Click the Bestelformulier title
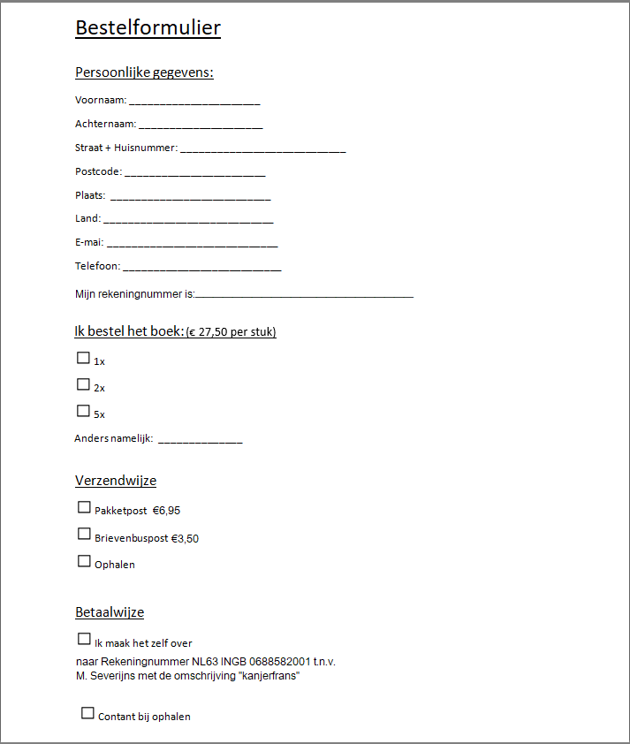click(x=148, y=28)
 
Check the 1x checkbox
click(x=83, y=358)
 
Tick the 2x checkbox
click(x=83, y=384)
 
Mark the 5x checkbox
click(x=83, y=411)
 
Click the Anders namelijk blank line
click(x=200, y=440)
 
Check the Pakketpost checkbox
click(x=84, y=507)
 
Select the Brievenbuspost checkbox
click(x=84, y=534)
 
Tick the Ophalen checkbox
click(x=84, y=560)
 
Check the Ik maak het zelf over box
click(x=84, y=639)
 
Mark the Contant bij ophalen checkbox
click(x=87, y=713)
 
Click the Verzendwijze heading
click(x=116, y=481)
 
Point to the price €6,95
click(x=166, y=511)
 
